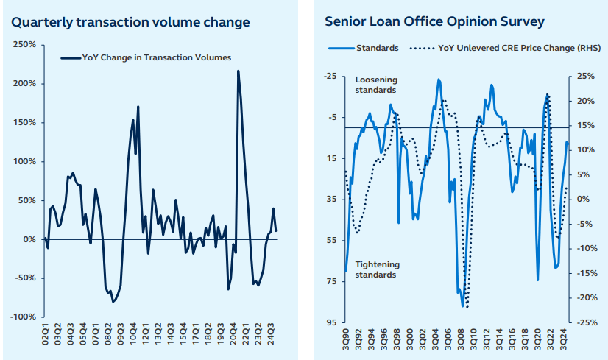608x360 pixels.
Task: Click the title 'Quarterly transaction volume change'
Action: pos(130,22)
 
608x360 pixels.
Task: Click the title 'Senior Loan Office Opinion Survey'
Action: pos(434,21)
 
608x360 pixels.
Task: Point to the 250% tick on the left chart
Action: pos(24,45)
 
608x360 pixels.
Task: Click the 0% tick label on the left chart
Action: pos(29,239)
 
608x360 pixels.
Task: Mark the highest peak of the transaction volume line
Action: pos(238,71)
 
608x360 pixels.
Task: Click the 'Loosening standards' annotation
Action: pos(375,85)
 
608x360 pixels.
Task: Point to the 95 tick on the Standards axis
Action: pos(331,322)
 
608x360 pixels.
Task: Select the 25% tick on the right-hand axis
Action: pos(586,76)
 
